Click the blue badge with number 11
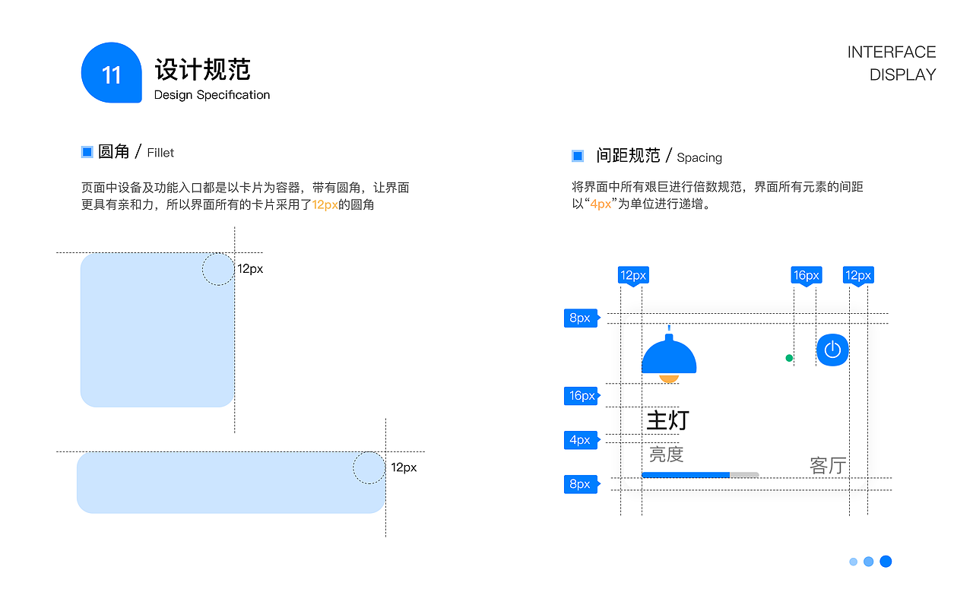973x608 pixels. (x=111, y=73)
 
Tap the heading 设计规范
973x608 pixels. (x=202, y=70)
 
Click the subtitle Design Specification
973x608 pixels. (x=211, y=95)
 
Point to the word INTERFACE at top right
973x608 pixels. (x=891, y=52)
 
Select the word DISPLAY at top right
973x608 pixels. (x=902, y=75)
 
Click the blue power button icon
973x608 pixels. (x=832, y=350)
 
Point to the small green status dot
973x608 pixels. (x=789, y=358)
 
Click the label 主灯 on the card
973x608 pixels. (x=667, y=420)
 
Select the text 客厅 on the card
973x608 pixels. (x=828, y=465)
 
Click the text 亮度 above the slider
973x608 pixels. (x=666, y=454)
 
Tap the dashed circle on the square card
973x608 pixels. (x=218, y=269)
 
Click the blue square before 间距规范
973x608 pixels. (x=578, y=157)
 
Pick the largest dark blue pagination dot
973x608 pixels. (x=886, y=562)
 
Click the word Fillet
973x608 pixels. (x=160, y=153)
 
